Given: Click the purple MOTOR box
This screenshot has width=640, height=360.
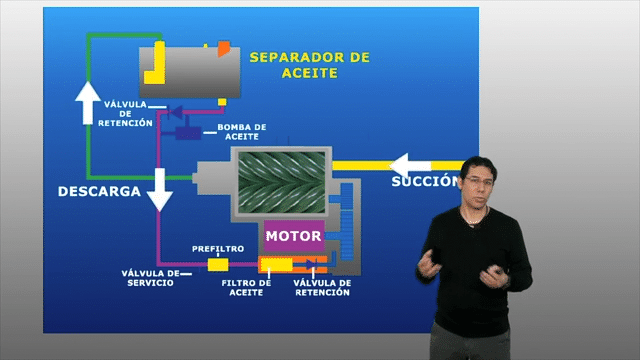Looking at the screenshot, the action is coord(294,236).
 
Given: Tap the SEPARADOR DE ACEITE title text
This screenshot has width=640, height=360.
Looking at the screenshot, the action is coord(310,65).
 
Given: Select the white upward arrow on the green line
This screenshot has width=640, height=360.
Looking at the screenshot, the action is coord(88,103).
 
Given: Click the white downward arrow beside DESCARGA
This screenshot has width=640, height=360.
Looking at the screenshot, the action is coord(160,189).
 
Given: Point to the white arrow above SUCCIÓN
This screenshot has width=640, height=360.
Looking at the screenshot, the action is coord(410,166).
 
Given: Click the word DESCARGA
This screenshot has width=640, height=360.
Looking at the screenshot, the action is coord(99,191).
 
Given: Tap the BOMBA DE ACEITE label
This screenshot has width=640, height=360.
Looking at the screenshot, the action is coord(242,132).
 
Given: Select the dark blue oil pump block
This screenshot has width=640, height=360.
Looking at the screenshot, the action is coord(188,133).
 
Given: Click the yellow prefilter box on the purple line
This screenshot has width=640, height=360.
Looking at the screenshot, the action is coord(218,264).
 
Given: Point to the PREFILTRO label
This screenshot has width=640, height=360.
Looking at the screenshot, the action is coord(218,249).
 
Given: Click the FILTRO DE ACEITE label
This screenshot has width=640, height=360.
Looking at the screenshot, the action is coord(246,288).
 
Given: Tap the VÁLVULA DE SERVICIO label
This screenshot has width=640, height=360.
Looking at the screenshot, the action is coord(151,278).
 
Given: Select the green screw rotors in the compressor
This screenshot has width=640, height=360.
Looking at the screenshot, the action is coord(282,182).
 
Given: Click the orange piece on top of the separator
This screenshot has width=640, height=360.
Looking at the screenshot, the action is coord(224,49).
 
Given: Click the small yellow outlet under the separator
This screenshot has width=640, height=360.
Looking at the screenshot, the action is coord(222,102).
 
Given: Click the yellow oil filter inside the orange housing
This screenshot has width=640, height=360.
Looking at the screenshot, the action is coord(277,264).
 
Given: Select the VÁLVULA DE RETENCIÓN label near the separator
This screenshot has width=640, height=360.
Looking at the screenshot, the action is coord(125,114).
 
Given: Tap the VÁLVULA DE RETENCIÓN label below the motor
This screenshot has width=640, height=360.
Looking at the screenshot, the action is coord(322,288).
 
